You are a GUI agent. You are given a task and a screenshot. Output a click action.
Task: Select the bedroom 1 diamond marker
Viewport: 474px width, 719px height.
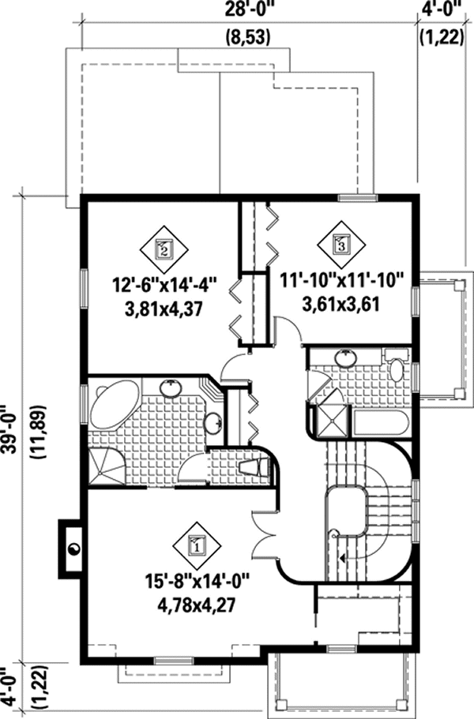point(195,543)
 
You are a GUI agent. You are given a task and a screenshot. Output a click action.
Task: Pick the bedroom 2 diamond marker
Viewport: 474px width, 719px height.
point(164,249)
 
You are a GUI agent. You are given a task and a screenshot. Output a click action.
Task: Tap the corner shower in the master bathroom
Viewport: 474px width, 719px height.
point(105,466)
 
